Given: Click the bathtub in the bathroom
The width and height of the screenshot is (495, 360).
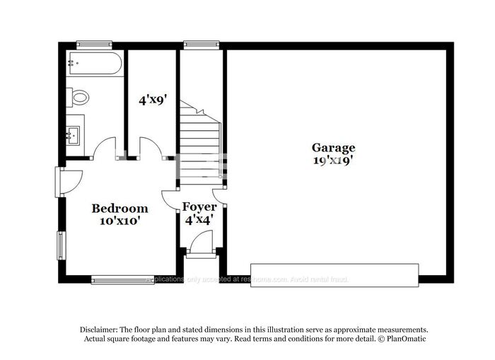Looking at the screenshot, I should [95, 64].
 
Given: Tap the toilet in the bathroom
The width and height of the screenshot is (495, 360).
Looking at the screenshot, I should [78, 98].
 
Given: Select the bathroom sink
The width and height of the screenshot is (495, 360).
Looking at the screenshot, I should [74, 134].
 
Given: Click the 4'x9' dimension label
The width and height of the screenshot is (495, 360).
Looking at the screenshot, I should [151, 100].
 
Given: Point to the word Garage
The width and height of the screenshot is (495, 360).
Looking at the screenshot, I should [333, 148].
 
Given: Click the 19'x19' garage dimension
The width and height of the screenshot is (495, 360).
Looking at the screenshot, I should [333, 161].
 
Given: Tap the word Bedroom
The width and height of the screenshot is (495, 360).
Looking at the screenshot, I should [120, 209].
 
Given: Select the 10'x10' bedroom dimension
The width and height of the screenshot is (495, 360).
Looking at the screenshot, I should [120, 221].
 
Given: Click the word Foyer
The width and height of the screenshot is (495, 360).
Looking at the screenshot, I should [199, 207].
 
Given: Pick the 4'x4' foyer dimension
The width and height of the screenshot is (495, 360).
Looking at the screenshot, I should [199, 220].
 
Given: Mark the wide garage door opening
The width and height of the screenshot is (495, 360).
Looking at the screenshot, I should [334, 274].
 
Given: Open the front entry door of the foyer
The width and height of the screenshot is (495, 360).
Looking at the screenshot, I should [200, 245].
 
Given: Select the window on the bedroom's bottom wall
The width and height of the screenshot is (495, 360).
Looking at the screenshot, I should [122, 280].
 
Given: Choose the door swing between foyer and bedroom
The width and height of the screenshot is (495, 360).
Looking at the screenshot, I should [170, 200].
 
